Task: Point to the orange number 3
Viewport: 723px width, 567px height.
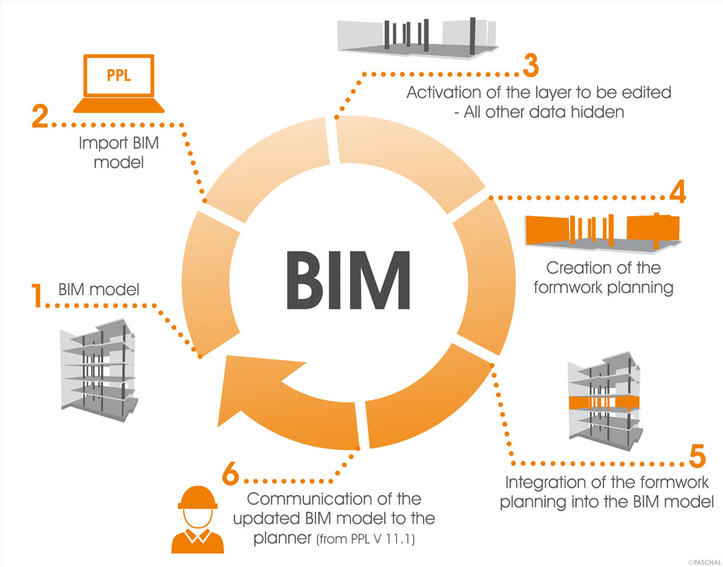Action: [x=531, y=67]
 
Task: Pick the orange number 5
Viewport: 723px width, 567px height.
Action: [x=696, y=458]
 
